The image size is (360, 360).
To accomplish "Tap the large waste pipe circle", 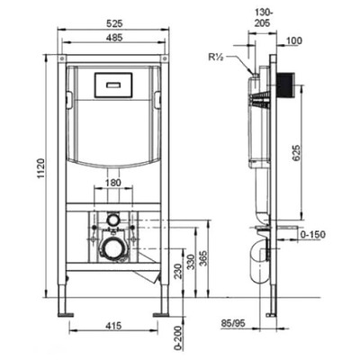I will (x=114, y=249).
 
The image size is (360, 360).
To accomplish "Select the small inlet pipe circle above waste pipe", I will (x=113, y=219).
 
